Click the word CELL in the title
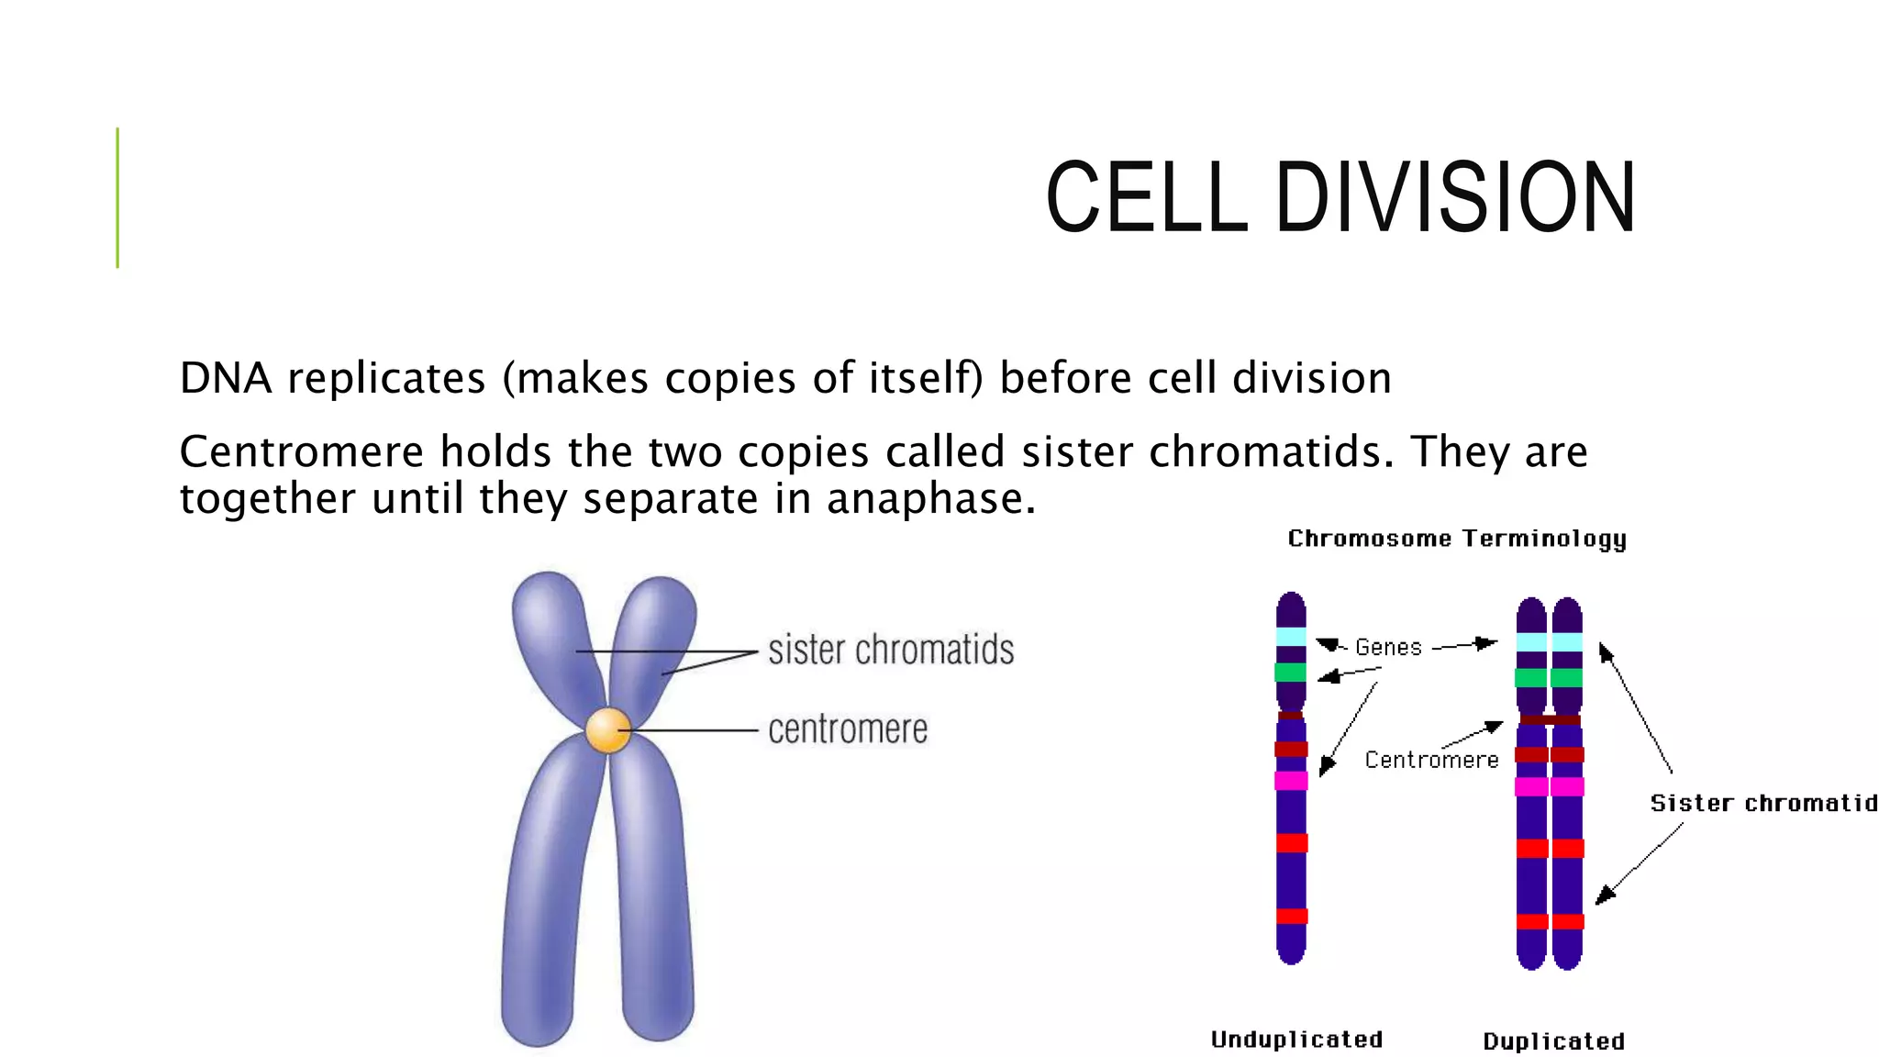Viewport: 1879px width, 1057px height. (1147, 197)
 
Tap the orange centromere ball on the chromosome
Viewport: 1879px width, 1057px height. (608, 730)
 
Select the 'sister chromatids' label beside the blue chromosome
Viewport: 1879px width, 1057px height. (891, 650)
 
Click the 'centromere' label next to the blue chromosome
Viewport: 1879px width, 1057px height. (848, 729)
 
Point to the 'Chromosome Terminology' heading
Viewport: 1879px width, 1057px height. (1456, 539)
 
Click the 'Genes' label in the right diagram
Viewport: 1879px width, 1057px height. (1388, 648)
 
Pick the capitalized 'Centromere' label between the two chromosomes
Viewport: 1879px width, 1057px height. (1431, 760)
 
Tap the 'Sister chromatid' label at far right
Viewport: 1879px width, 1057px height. (1762, 803)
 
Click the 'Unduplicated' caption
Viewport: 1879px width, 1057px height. (1296, 1040)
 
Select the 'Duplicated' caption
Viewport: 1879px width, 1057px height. (1553, 1041)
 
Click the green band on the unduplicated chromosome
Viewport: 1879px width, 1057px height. (1291, 673)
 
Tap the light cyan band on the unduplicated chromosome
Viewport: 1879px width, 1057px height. (1291, 637)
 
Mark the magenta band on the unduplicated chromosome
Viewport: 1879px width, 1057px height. (1291, 781)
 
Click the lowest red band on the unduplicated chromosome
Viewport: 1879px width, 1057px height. (1292, 916)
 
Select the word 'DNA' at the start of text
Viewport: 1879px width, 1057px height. (226, 378)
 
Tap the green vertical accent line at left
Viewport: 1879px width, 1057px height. (117, 197)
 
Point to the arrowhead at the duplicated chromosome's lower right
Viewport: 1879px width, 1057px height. (1604, 896)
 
